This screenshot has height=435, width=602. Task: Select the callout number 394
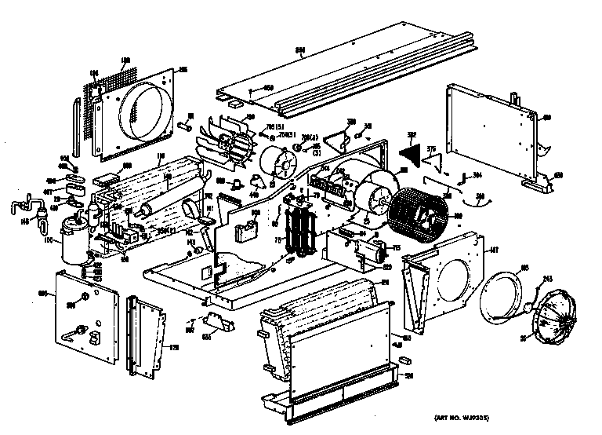pos(475,176)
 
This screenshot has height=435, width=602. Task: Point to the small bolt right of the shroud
pos(186,123)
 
